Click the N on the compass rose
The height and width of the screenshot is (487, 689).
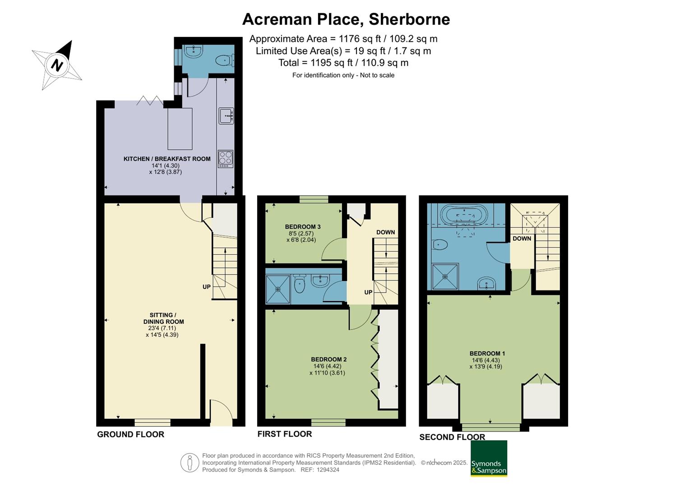57,65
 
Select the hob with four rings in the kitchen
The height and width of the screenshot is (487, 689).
226,159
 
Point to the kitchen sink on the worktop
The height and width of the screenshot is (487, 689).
226,116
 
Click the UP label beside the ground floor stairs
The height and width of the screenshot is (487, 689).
206,287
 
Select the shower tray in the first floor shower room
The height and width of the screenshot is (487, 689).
278,289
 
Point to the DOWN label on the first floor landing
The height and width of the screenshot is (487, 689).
385,232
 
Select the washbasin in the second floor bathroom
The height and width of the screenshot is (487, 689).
486,283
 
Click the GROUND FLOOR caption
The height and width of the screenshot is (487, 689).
131,434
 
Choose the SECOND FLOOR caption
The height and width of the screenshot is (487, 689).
452,437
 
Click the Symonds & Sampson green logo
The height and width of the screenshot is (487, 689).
489,458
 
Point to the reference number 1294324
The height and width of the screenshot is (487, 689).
328,470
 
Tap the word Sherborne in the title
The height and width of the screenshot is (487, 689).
409,19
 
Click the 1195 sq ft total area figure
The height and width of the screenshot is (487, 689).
331,63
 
